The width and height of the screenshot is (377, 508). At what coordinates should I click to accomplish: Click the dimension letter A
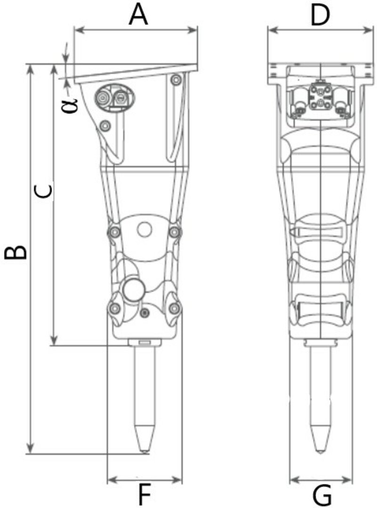(x=138, y=15)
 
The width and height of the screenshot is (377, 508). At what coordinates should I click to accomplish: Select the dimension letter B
(x=15, y=253)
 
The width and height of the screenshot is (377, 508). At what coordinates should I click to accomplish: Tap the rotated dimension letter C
(x=43, y=191)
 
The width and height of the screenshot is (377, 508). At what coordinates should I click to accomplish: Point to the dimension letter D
(x=320, y=15)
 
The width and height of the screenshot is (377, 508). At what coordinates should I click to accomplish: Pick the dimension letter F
(x=145, y=494)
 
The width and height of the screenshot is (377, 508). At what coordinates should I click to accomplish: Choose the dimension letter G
(x=322, y=495)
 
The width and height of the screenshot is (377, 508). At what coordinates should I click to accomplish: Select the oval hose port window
(x=114, y=97)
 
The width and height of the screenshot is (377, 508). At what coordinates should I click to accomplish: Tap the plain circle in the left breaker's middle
(x=144, y=230)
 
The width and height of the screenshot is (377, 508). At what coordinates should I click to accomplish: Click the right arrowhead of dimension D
(x=369, y=30)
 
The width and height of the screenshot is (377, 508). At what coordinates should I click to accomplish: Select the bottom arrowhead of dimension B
(x=30, y=449)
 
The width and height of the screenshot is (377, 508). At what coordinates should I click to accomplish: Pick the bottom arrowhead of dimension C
(x=54, y=340)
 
